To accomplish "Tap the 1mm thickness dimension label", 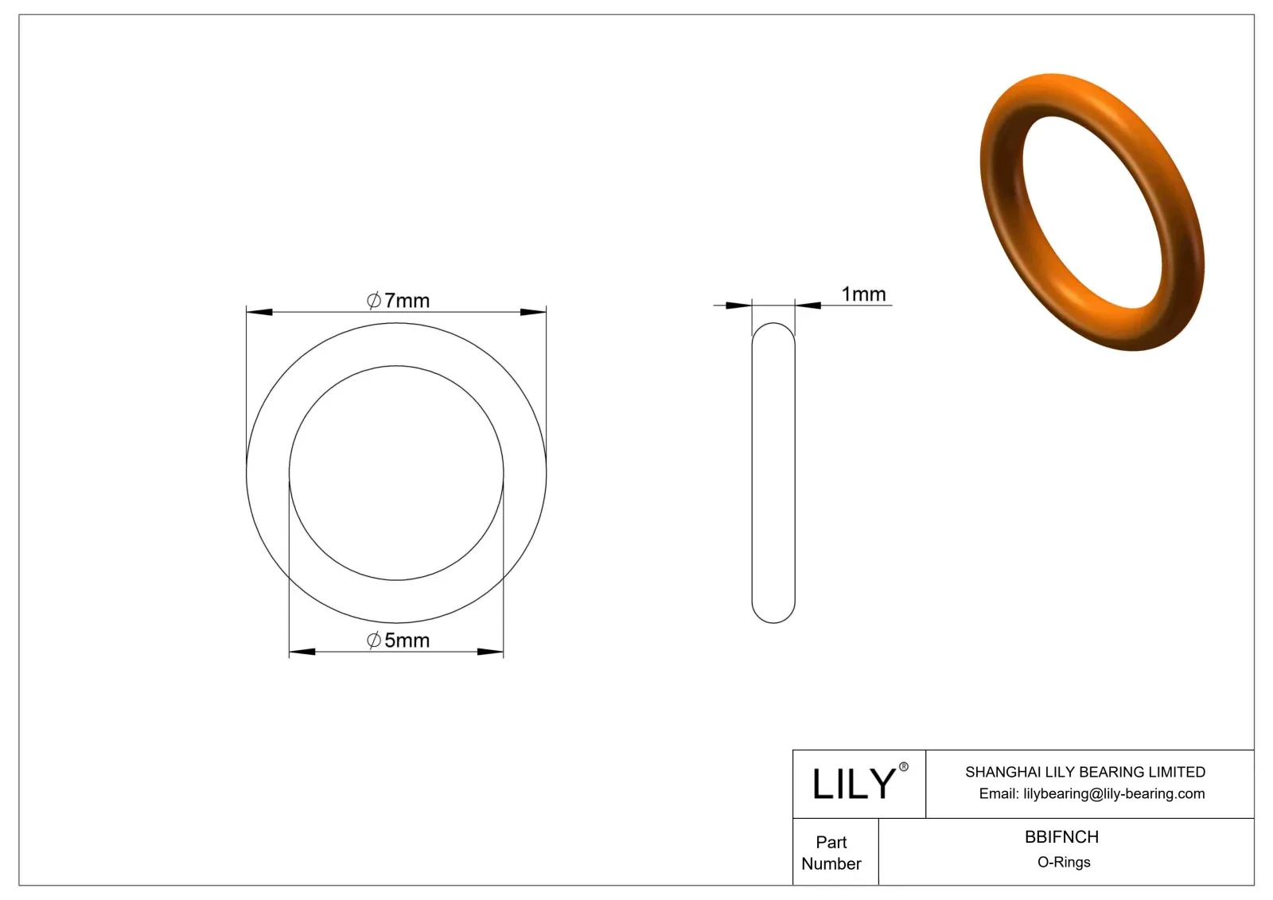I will coord(863,294).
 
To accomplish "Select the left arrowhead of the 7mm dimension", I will coord(259,312).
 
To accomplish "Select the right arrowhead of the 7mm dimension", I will coord(533,312).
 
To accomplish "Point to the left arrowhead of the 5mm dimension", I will coord(302,652).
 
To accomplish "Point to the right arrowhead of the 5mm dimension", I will coord(490,652).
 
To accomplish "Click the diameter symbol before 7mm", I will coord(374,301).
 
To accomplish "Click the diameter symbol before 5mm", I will coord(374,641).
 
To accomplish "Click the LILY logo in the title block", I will coord(854,784).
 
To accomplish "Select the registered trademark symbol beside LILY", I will coord(903,767).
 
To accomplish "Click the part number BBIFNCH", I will coord(1061,837).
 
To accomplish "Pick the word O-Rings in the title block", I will coord(1064,863).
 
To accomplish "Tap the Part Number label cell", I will coord(831,852).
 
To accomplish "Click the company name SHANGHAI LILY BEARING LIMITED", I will coord(1084,772).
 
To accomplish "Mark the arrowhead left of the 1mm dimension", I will coord(739,305).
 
